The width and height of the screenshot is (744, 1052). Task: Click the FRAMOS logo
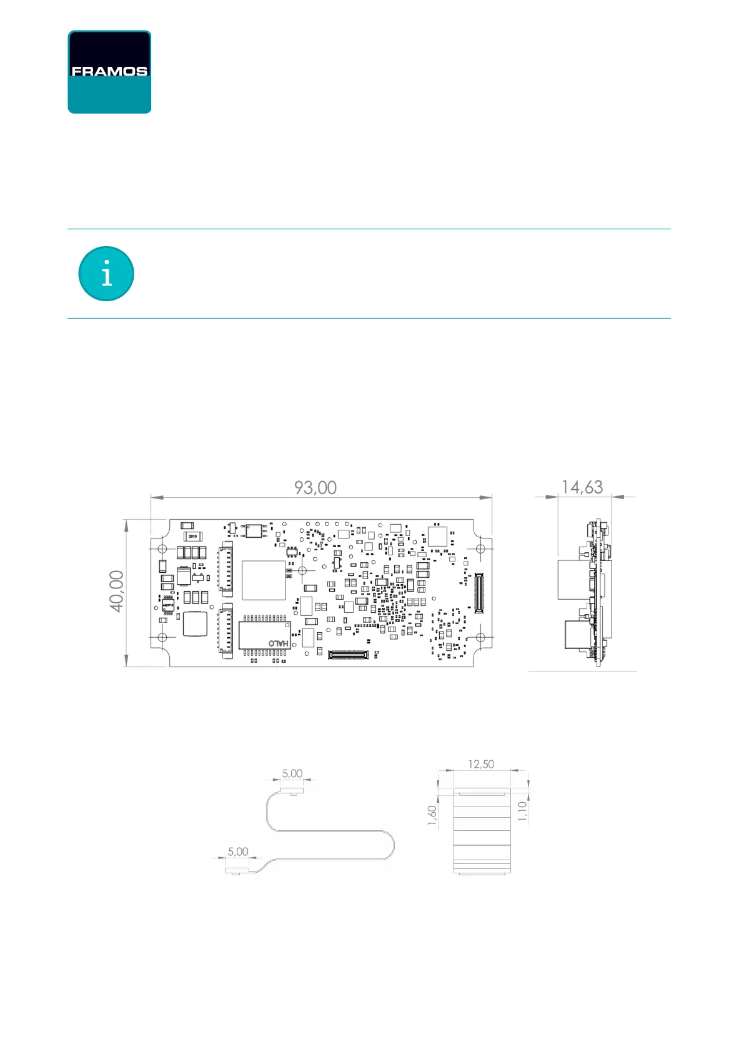pyautogui.click(x=109, y=72)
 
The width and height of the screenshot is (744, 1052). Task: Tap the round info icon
pyautogui.click(x=106, y=274)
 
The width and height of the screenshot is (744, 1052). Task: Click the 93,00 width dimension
pyautogui.click(x=315, y=487)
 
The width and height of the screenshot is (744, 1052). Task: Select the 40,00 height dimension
pyautogui.click(x=117, y=591)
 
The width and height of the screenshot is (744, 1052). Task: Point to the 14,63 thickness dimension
pyautogui.click(x=582, y=487)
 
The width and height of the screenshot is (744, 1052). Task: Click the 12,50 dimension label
pyautogui.click(x=481, y=764)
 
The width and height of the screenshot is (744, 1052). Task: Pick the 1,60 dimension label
pyautogui.click(x=432, y=815)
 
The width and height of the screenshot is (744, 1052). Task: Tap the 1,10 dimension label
pyautogui.click(x=523, y=811)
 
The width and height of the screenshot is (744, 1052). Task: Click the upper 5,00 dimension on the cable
pyautogui.click(x=292, y=773)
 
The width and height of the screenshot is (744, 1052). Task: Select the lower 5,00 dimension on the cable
pyautogui.click(x=238, y=851)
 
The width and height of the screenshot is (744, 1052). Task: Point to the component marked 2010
pyautogui.click(x=192, y=536)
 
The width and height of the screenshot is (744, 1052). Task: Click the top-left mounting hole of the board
pyautogui.click(x=162, y=548)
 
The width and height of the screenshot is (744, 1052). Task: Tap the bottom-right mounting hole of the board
pyautogui.click(x=480, y=637)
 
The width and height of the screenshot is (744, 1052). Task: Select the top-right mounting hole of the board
pyautogui.click(x=480, y=548)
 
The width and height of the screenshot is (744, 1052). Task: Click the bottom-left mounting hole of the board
pyautogui.click(x=162, y=637)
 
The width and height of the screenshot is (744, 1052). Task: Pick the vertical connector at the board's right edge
pyautogui.click(x=479, y=592)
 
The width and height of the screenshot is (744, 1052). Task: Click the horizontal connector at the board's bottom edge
pyautogui.click(x=348, y=655)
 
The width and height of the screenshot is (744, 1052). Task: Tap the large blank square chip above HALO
pyautogui.click(x=264, y=580)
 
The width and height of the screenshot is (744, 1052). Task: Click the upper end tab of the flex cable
pyautogui.click(x=292, y=790)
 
